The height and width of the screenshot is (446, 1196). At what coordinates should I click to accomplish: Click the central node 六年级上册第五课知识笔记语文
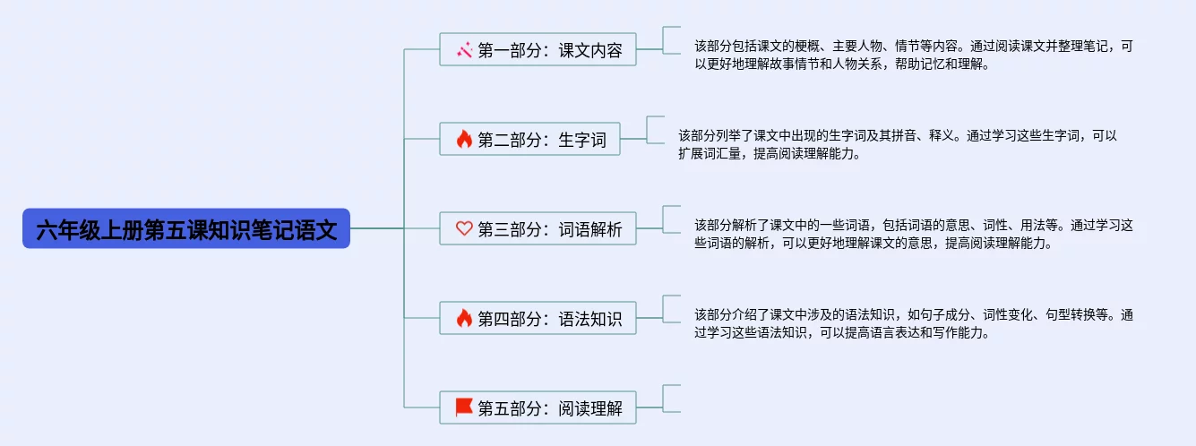click(186, 229)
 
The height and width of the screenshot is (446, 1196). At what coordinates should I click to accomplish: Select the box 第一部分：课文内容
click(538, 49)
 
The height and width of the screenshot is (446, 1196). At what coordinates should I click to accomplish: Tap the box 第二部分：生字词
click(529, 139)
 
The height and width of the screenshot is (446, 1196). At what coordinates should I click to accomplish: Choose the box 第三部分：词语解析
click(538, 228)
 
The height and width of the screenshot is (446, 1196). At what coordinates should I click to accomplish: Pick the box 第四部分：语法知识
click(538, 318)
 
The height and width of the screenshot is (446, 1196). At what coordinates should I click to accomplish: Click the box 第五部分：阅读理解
click(538, 408)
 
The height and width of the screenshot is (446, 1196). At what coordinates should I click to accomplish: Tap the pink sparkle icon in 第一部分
click(464, 50)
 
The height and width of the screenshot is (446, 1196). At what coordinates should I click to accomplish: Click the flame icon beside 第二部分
click(464, 139)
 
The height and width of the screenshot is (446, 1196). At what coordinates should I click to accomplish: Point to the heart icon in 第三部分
click(464, 228)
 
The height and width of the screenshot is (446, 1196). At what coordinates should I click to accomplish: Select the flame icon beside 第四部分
click(464, 318)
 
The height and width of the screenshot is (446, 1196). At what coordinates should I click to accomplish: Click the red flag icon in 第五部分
click(464, 407)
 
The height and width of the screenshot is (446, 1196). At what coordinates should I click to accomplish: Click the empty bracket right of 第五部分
click(671, 399)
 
